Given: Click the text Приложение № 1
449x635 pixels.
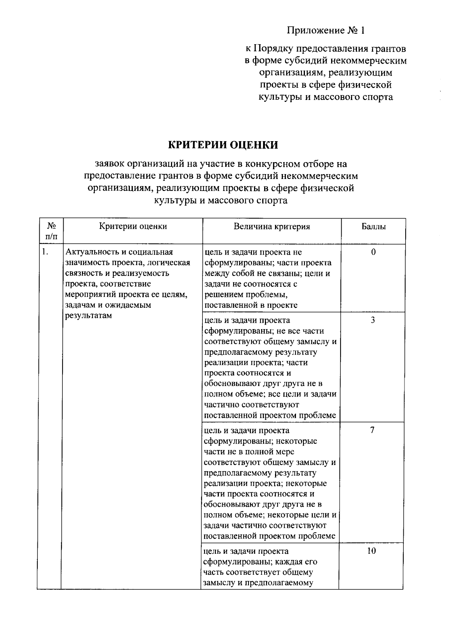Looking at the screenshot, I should click(x=326, y=30).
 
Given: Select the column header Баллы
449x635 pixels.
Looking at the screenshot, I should click(x=373, y=227).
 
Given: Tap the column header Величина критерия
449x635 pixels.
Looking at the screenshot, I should click(x=272, y=227).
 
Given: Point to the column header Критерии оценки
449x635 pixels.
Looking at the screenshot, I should click(x=133, y=226).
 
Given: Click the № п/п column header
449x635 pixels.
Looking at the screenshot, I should click(x=51, y=231).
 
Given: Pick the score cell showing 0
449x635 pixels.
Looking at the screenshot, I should click(x=373, y=252).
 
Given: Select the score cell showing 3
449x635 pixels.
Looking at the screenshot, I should click(x=373, y=320).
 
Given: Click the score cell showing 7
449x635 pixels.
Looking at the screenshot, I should click(x=372, y=430).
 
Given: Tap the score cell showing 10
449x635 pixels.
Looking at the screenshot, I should click(x=372, y=551).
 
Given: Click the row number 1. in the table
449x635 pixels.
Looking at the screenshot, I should click(x=45, y=252).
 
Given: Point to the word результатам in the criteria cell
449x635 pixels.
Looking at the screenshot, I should click(x=88, y=315).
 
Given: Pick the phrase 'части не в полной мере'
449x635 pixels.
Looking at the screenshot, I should click(x=249, y=452).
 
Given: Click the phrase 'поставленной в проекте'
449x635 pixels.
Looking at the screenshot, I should click(x=251, y=305).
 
